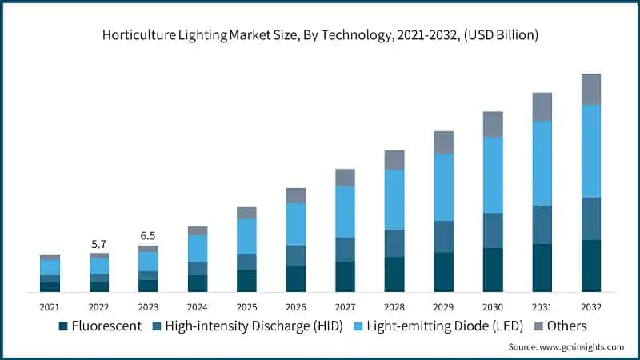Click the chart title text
coord(320,35)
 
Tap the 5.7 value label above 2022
coord(98,244)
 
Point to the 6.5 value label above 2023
coord(148,236)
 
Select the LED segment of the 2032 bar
coord(590,150)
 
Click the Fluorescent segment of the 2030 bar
coord(493,270)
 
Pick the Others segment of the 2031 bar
coord(542,106)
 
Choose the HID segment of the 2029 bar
coord(443,236)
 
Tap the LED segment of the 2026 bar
coord(296,224)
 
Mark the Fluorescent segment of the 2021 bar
coord(50,286)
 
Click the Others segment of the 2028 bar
coord(394,160)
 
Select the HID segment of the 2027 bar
coord(345,249)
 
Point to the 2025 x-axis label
coord(246,307)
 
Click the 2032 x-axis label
coord(590,307)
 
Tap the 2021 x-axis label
coord(50,307)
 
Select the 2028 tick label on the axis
coord(394,307)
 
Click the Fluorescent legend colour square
coord(63,326)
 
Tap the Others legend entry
coord(560,326)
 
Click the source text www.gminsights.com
coord(566,347)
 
